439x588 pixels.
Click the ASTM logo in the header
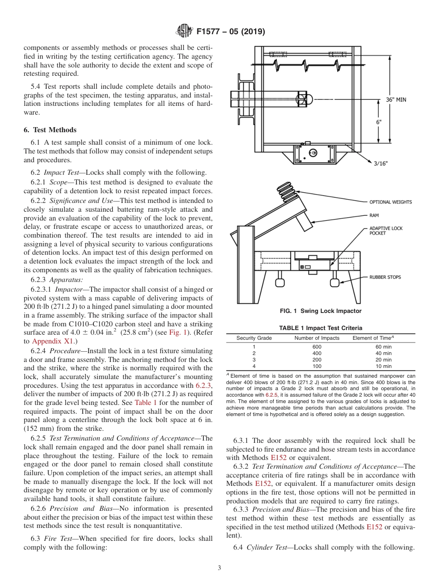tap(184, 31)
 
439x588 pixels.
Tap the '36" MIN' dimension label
tap(396, 99)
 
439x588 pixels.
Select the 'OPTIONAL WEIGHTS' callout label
tap(390, 202)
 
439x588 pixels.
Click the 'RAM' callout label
tap(374, 215)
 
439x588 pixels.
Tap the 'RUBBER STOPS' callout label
tap(385, 277)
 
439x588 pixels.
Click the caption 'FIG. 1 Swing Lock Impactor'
tap(321, 311)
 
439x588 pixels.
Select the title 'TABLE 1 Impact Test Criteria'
tap(321, 328)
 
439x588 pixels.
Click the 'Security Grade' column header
tap(254, 338)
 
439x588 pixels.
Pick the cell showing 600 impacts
tap(317, 347)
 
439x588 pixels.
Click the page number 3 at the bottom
tap(219, 568)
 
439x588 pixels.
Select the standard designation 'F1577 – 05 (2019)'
tap(231, 32)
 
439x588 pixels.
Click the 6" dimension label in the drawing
tap(378, 122)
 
